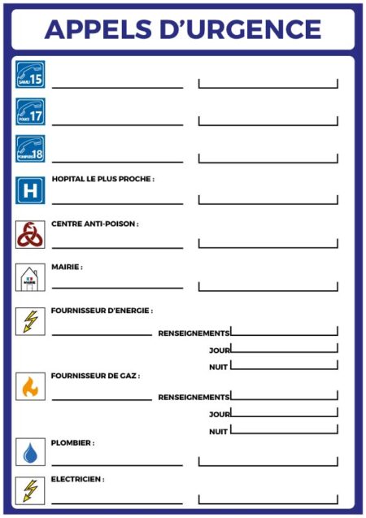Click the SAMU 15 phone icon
click(30, 74)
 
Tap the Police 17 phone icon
click(30, 112)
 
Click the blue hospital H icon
click(30, 191)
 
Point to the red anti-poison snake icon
click(30, 234)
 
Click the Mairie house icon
click(30, 278)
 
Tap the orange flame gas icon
click(30, 386)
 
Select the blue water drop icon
click(30, 452)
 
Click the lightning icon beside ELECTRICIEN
click(30, 490)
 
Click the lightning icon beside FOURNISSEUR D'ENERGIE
click(30, 321)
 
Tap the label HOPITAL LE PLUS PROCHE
click(102, 179)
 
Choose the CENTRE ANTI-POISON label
click(94, 224)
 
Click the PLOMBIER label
click(72, 443)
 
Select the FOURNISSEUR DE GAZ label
click(95, 377)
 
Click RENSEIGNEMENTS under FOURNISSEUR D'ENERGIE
click(194, 333)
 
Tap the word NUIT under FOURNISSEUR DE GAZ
click(218, 432)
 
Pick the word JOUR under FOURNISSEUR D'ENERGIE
click(220, 350)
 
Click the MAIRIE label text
click(67, 267)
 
